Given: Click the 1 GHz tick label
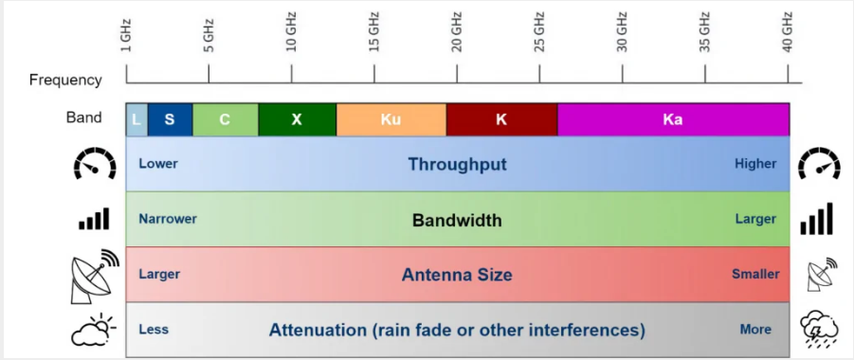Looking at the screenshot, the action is coord(126,36).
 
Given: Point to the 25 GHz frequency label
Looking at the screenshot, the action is coord(539,31).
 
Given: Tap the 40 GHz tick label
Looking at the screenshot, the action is coord(788,31).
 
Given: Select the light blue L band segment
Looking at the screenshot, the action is coord(136,119).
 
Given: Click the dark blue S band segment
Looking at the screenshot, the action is coord(170,119).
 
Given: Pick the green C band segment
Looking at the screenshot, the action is coord(226,119).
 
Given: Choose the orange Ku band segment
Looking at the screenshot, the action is coord(391,119).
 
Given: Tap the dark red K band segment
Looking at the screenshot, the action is coord(501,119).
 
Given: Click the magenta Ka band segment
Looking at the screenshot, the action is coord(673,119).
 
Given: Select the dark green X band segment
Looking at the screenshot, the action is coord(298,119).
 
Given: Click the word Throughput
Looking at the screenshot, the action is coord(458,165).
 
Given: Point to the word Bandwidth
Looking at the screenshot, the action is coord(457,221).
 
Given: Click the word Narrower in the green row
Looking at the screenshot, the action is coord(168,219).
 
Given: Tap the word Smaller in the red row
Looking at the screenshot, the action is coord(755,274).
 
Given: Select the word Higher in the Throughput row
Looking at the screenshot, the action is coord(755,164).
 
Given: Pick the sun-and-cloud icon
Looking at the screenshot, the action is coord(94,330).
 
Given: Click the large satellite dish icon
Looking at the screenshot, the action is coord(94,276).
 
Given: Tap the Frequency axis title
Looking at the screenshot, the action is coord(65,81).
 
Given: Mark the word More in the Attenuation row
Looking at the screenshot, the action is coord(755,330).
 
